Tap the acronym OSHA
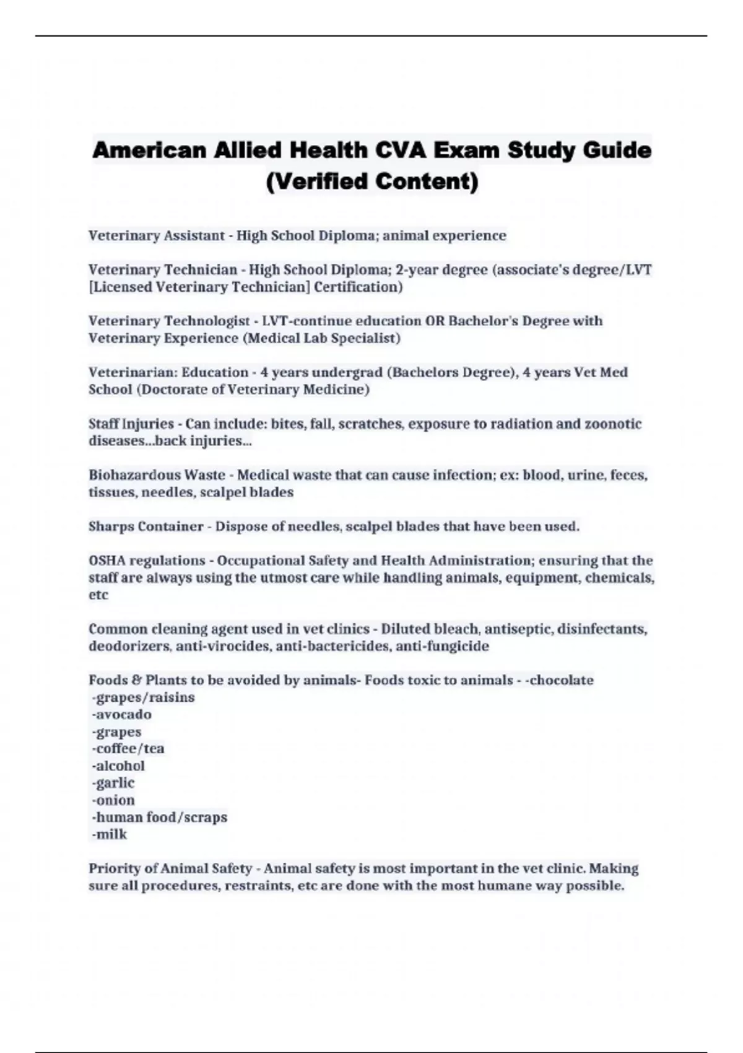[x=107, y=561]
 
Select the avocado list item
[x=122, y=715]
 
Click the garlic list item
[x=113, y=783]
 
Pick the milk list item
[x=110, y=834]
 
